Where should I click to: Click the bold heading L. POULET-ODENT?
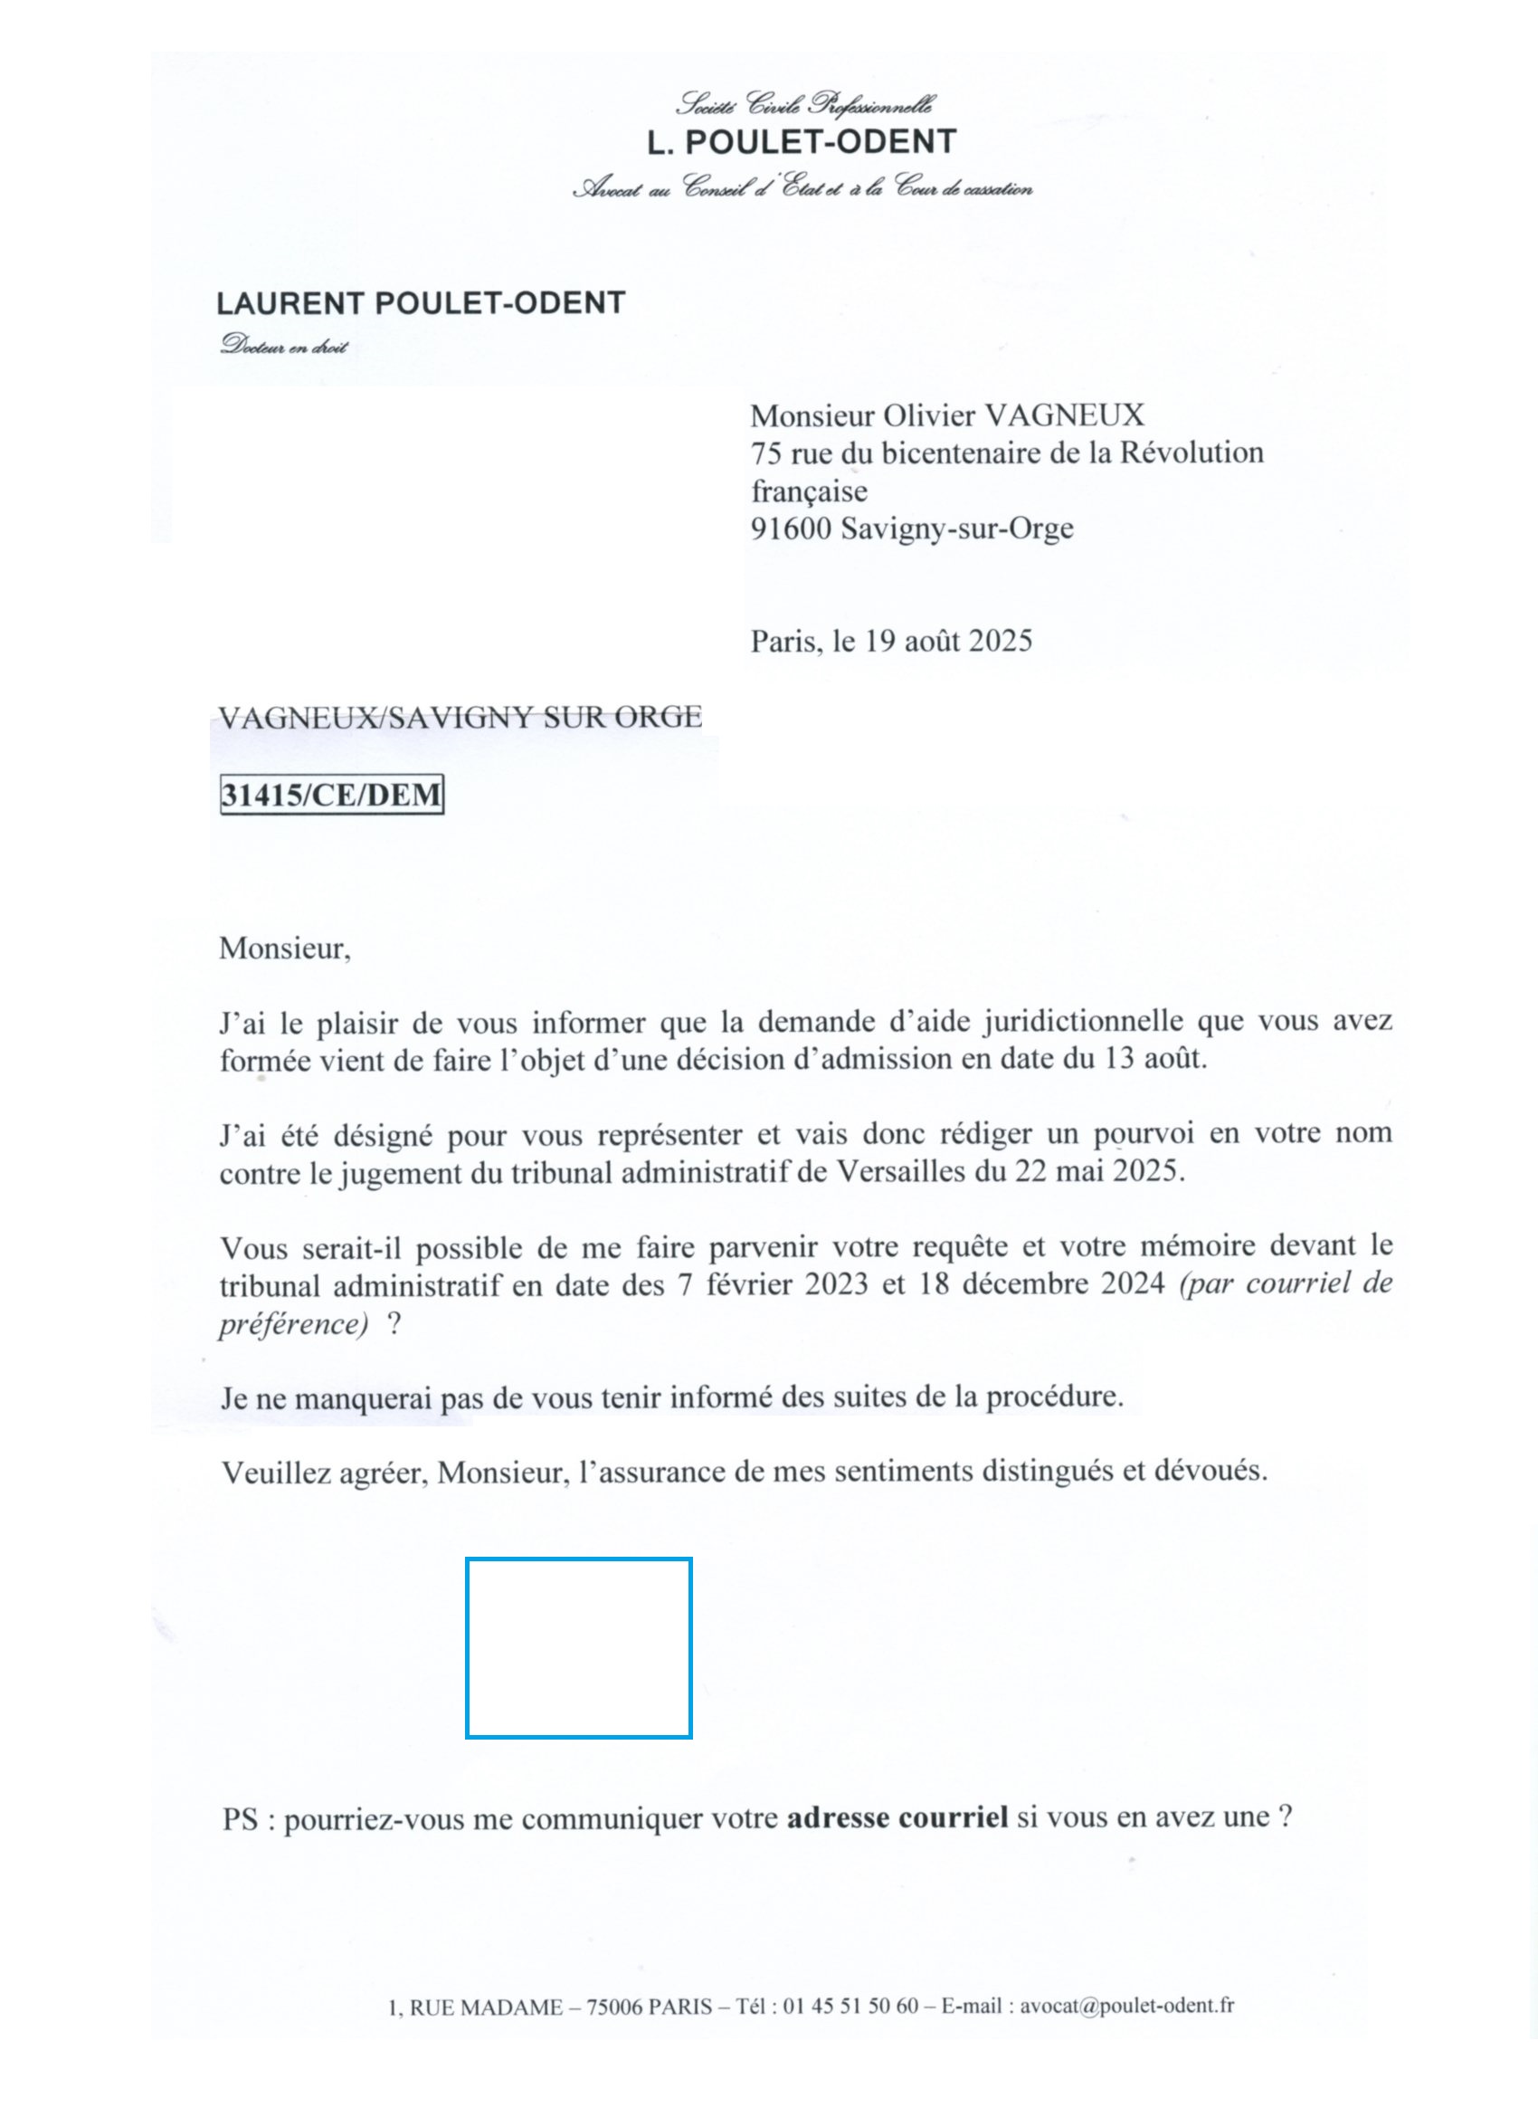coord(802,142)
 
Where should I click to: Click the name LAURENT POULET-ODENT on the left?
coord(420,303)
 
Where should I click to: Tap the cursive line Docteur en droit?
coord(284,347)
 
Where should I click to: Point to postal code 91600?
coord(791,529)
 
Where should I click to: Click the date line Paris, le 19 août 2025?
coord(891,642)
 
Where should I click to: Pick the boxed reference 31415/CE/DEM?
coord(331,796)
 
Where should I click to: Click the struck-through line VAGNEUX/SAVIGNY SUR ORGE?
coord(460,717)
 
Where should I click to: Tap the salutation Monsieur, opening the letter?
coord(285,949)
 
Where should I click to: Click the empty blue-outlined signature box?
coord(579,1647)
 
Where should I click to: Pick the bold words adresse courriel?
coord(897,1817)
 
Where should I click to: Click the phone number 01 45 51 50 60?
coord(850,2006)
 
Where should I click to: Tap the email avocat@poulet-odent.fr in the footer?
coord(1126,2006)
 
